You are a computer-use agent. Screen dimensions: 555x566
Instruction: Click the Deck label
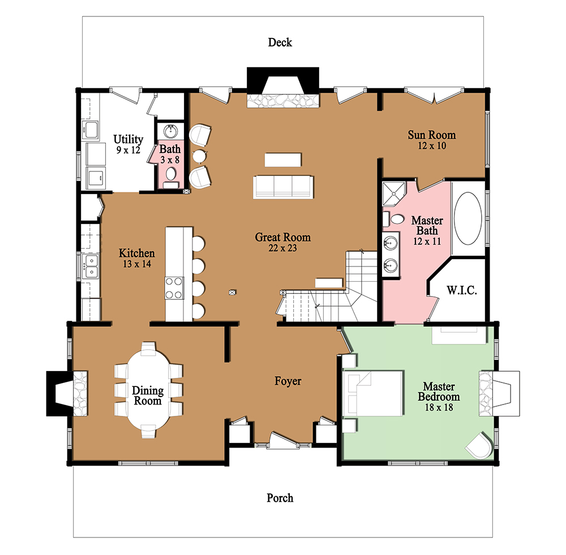pos(280,42)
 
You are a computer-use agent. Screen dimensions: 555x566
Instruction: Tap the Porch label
pos(280,498)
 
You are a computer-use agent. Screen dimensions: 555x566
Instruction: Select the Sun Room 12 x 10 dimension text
pos(432,146)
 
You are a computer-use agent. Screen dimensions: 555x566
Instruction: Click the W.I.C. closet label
pos(462,291)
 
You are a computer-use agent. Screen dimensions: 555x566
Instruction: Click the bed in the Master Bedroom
pos(374,393)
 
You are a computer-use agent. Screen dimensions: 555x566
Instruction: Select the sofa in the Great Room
pos(283,186)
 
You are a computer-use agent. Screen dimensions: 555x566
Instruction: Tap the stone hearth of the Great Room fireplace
pos(282,100)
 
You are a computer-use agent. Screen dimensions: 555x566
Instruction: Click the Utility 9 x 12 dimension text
pos(128,150)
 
